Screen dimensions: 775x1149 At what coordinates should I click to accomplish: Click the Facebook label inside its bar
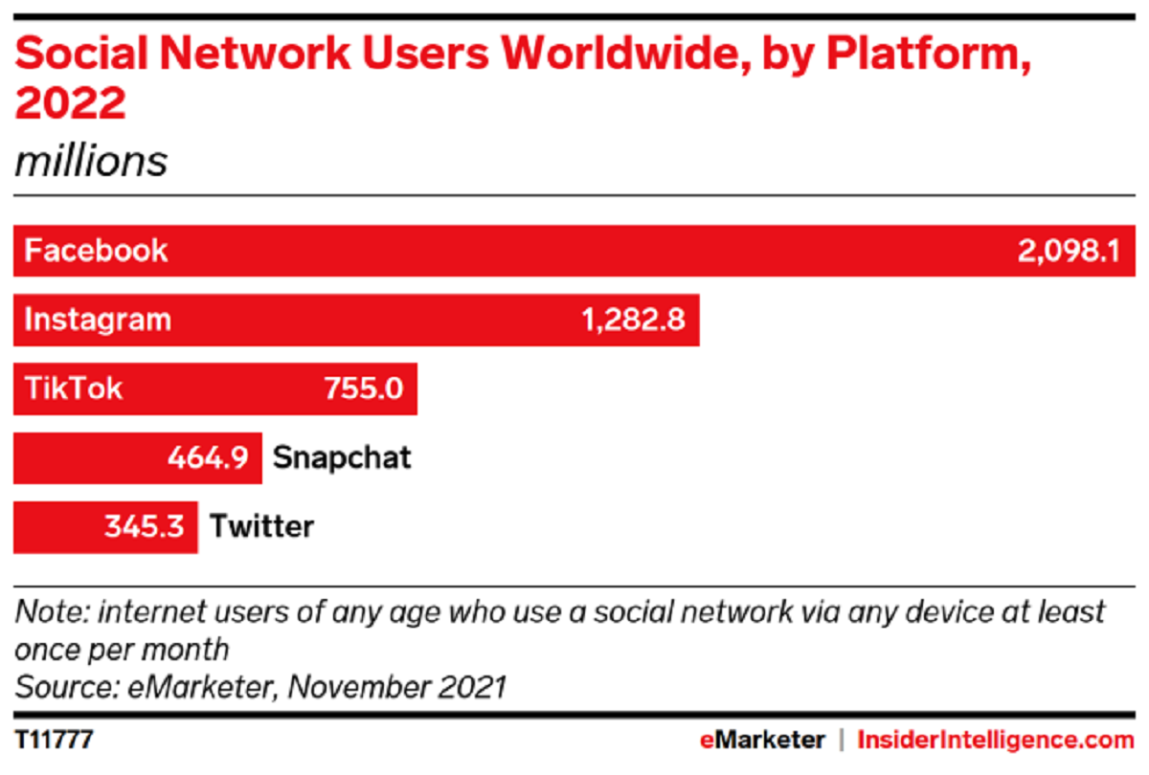[96, 251]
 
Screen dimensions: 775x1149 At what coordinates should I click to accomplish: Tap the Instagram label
[98, 320]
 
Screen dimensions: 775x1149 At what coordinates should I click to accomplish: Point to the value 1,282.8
[633, 320]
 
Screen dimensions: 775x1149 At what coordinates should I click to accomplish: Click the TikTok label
[74, 388]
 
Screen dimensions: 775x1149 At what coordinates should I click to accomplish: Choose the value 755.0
[363, 388]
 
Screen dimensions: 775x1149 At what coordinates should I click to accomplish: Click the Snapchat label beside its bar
[342, 457]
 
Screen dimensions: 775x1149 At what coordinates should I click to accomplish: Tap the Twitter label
[261, 526]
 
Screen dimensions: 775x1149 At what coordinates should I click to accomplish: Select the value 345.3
[144, 526]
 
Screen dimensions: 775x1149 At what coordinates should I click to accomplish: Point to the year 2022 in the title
[70, 103]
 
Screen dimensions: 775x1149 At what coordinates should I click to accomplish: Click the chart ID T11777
[54, 740]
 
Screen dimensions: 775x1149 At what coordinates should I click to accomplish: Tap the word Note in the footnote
[50, 612]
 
